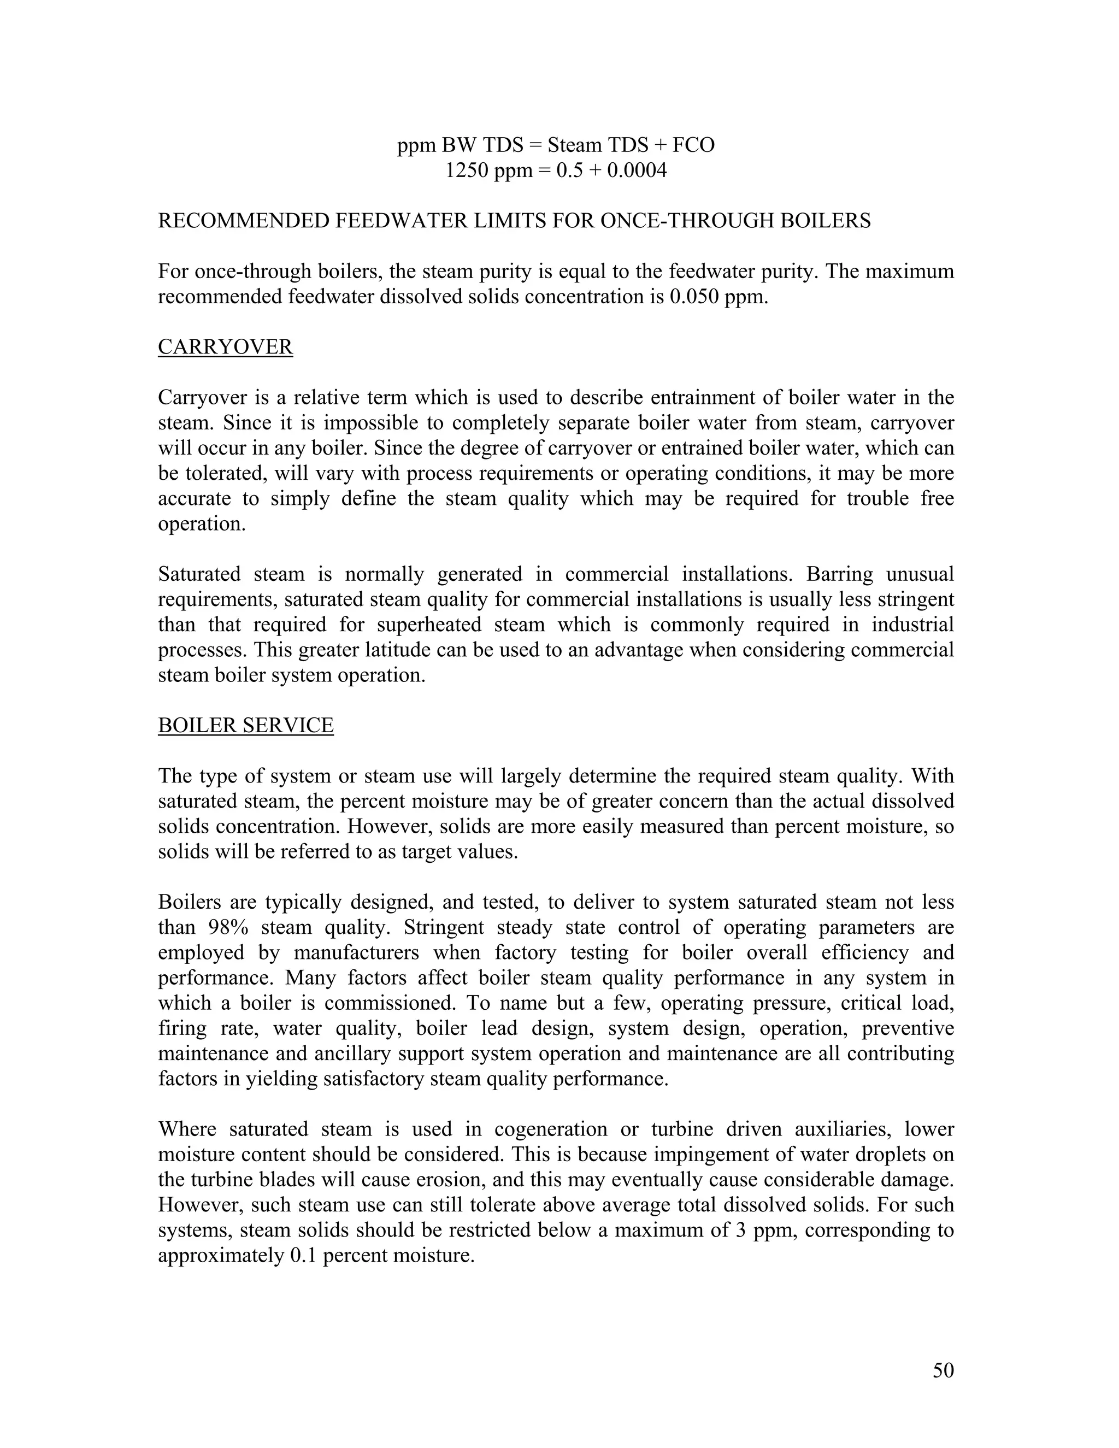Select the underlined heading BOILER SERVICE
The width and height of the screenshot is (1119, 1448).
click(x=245, y=725)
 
